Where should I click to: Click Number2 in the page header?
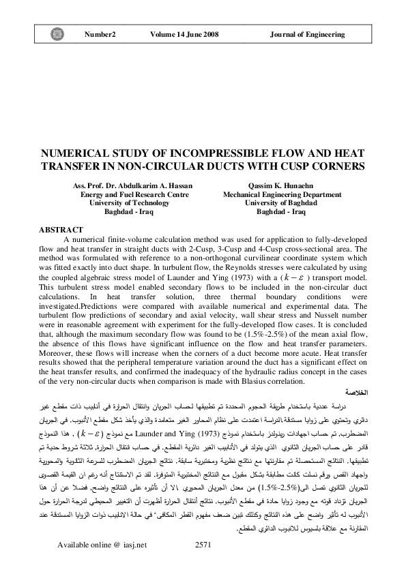pos(100,33)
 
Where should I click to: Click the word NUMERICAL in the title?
pos(76,154)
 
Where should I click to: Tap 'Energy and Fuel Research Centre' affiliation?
pos(134,194)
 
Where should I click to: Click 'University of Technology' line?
pos(129,202)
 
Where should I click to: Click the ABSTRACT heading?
pos(61,230)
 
